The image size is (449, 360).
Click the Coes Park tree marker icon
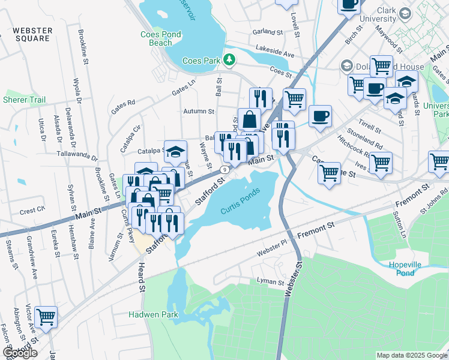[x=229, y=60]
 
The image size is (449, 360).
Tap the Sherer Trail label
[x=24, y=100]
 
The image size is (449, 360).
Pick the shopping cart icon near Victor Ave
[x=46, y=316]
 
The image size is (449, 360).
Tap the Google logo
[x=20, y=353]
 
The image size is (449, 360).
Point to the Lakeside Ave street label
[x=274, y=53]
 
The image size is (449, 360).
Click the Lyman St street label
[x=270, y=281]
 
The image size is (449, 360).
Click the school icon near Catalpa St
[x=176, y=151]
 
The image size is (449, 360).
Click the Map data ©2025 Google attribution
[x=411, y=355]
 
